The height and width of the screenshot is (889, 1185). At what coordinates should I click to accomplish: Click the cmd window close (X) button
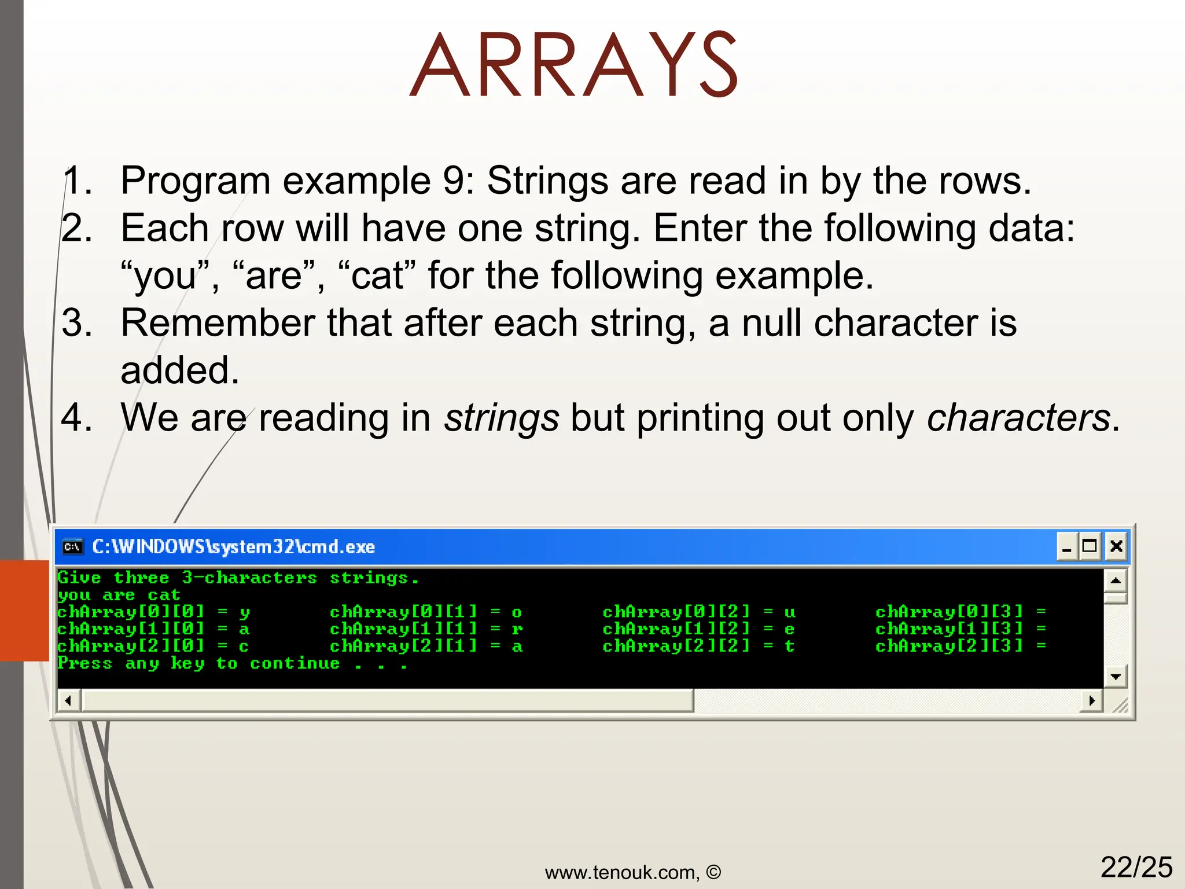point(1116,546)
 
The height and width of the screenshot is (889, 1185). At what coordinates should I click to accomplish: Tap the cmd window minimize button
point(1067,546)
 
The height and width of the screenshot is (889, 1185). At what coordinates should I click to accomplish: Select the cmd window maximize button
point(1090,546)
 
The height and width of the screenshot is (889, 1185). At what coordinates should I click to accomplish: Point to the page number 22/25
point(1136,867)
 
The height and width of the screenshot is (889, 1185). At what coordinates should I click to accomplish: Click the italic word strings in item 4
point(501,417)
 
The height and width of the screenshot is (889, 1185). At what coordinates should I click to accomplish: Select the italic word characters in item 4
point(1018,417)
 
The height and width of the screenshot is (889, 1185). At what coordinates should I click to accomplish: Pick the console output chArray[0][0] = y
point(153,612)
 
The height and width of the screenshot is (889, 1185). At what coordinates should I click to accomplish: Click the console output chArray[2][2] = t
point(698,646)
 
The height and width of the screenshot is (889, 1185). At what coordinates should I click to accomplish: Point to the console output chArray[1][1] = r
point(426,629)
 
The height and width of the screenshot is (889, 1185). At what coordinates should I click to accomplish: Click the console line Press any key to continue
point(231,663)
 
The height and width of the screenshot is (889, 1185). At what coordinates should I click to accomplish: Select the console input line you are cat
point(119,595)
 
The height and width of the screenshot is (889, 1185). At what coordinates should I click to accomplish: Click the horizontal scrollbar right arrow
point(1091,701)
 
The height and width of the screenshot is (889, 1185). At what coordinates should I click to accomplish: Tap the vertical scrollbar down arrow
point(1116,676)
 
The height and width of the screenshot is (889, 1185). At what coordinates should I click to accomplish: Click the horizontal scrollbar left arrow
point(68,701)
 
